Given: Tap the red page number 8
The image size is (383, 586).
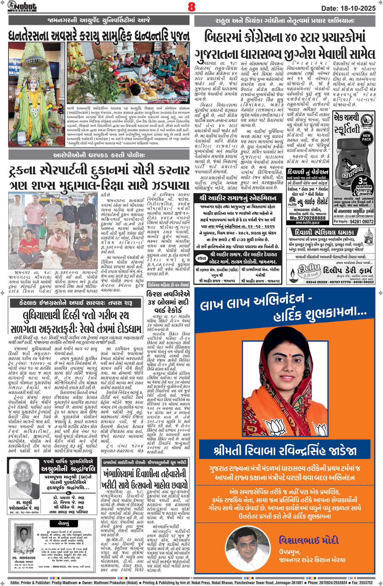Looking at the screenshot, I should coord(191,7).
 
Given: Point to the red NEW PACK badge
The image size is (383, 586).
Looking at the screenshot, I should coord(366,137).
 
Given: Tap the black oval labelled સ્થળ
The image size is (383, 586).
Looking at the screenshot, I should coord(201,258).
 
